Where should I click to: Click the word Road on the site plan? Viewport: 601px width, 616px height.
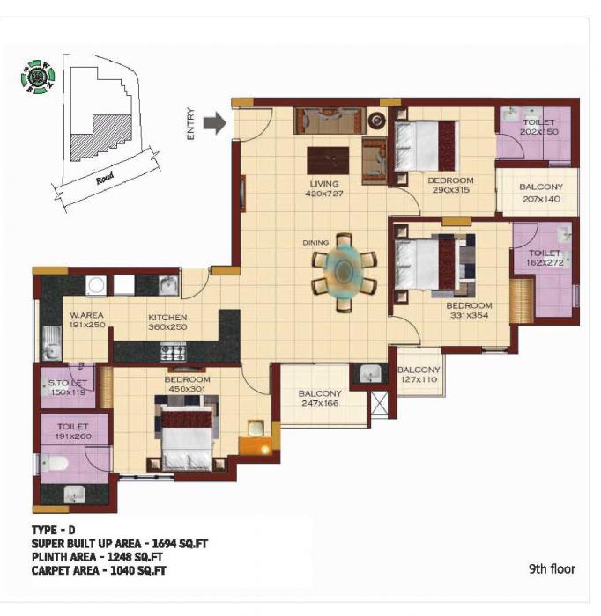pyautogui.click(x=104, y=176)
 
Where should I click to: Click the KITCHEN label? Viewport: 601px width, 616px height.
pyautogui.click(x=167, y=317)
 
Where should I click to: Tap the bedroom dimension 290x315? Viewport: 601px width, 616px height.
pyautogui.click(x=450, y=192)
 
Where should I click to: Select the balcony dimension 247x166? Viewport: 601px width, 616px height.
pyautogui.click(x=318, y=405)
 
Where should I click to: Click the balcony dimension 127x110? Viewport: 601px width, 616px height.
pyautogui.click(x=419, y=381)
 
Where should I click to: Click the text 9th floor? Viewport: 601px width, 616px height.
pyautogui.click(x=552, y=569)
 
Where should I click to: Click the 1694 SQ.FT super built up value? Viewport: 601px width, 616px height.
pyautogui.click(x=177, y=544)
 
